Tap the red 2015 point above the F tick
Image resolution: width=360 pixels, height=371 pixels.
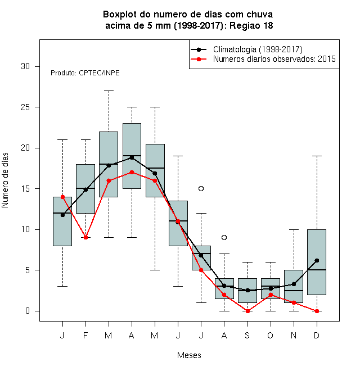tap(85, 237)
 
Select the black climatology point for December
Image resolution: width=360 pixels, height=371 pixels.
tap(317, 260)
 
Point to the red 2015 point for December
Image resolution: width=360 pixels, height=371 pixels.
tap(317, 311)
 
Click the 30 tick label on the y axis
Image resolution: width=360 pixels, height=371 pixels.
tap(25, 66)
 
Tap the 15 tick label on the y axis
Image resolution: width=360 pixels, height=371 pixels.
tap(25, 188)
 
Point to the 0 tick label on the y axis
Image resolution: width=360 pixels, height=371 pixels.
tap(28, 311)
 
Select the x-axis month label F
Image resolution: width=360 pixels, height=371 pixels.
tap(85, 335)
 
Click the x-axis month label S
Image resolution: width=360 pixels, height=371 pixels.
tap(247, 335)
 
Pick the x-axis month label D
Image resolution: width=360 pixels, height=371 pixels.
tap(317, 335)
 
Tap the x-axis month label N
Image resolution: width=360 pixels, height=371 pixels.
tap(294, 335)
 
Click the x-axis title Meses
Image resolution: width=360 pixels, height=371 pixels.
tap(189, 355)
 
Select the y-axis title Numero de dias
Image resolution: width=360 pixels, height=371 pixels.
tap(5, 180)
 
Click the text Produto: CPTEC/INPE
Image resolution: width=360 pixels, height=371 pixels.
tap(85, 73)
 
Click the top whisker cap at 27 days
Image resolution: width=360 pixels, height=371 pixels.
tap(109, 91)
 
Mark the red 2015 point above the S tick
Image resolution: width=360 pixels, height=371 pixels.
tap(247, 311)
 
